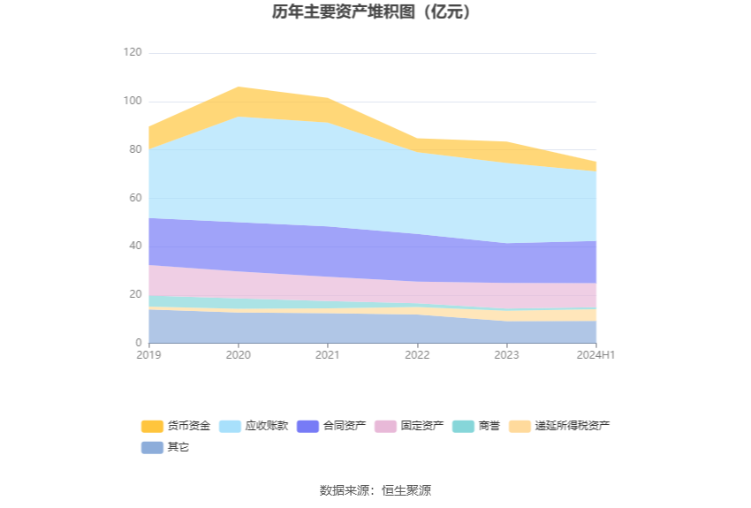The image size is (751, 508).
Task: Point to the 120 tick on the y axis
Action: [x=133, y=53]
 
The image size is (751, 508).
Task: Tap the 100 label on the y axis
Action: [x=133, y=102]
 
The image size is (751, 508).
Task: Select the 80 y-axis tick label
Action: [x=135, y=149]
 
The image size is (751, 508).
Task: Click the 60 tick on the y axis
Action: [x=135, y=198]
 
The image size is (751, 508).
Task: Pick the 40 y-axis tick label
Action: [x=135, y=246]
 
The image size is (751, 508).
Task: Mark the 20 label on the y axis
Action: [x=135, y=294]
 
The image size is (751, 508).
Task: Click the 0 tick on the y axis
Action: [x=138, y=343]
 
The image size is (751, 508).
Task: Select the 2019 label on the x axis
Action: [x=148, y=355]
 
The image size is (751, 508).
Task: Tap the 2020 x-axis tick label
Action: [x=239, y=355]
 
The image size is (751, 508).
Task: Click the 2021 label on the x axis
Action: [x=328, y=355]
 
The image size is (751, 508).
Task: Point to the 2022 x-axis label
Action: [x=417, y=355]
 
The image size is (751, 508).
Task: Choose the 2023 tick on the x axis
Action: [x=507, y=355]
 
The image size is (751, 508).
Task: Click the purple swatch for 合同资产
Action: [x=308, y=426]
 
